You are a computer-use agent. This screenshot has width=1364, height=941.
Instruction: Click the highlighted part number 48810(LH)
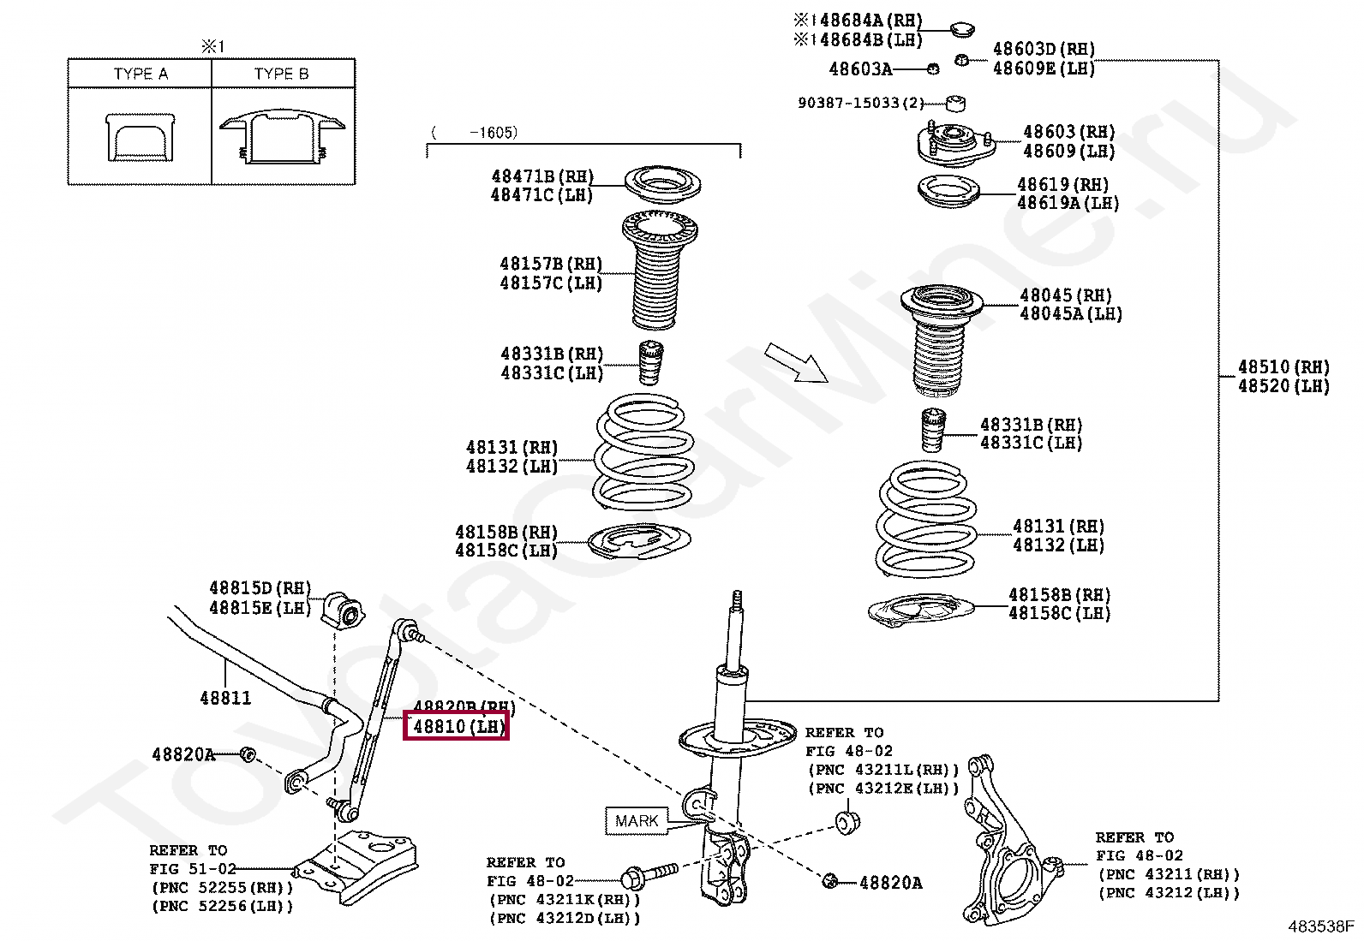pos(457,727)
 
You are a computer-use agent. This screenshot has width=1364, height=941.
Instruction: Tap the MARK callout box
pos(636,821)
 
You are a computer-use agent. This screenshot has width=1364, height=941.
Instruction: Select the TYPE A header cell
pos(141,74)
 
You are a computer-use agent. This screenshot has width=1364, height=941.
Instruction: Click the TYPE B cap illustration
pos(283,136)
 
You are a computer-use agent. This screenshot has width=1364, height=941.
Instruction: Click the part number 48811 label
pos(225,698)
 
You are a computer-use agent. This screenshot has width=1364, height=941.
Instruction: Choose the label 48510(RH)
pos(1283,367)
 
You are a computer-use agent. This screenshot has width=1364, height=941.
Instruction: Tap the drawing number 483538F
pos(1320,926)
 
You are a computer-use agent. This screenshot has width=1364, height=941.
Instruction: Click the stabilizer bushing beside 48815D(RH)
pos(343,609)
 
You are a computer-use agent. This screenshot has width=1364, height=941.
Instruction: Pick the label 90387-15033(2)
pos(860,103)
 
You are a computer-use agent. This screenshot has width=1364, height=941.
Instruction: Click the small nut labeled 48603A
pos(933,68)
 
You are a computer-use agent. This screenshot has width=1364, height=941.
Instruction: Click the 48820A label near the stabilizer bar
pos(183,754)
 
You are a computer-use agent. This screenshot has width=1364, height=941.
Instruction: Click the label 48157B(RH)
pos(551,264)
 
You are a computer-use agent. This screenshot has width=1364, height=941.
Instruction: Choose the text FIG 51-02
pos(192,868)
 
